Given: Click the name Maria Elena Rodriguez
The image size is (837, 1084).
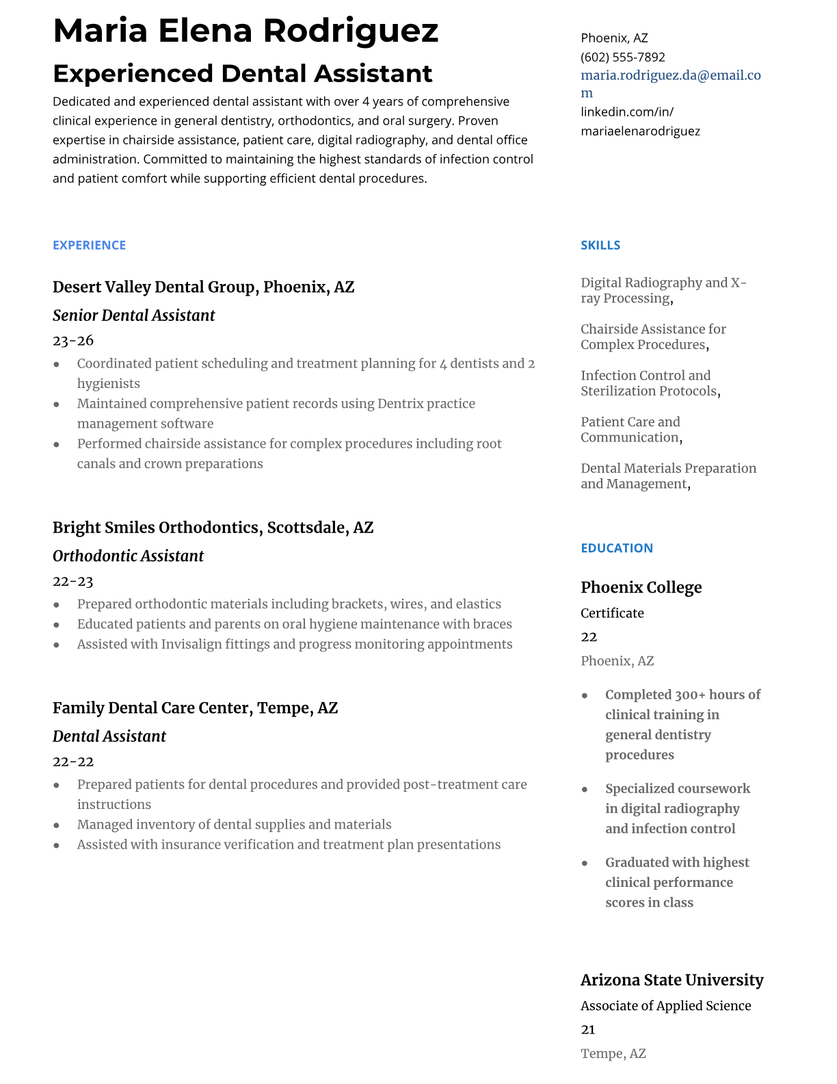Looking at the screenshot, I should click(245, 31).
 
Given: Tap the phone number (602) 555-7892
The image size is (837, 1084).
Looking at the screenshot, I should click(622, 57).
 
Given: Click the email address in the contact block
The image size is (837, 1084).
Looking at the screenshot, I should click(670, 76).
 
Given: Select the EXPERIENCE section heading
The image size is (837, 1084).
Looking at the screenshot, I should click(89, 245).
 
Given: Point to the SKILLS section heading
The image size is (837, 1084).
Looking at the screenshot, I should click(600, 245).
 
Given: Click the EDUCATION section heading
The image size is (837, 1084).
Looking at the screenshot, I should click(616, 548).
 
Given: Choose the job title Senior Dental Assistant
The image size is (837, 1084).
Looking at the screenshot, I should click(133, 315).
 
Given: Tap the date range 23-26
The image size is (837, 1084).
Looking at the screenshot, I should click(73, 340).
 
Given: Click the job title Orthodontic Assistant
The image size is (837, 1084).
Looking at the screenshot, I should click(128, 556).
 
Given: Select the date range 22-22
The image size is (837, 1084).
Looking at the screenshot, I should click(73, 762).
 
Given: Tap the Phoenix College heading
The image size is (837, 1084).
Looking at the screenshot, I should click(641, 587).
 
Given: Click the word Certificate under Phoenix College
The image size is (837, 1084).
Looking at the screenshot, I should click(612, 613).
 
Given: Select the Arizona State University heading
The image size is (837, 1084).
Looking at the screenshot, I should click(672, 980).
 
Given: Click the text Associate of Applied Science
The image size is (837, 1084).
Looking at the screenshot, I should click(665, 1006).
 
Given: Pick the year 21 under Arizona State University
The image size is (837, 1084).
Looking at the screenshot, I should click(588, 1030).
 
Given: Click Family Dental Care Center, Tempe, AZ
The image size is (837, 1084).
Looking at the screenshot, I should click(195, 708).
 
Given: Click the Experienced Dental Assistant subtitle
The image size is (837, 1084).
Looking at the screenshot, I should click(242, 73).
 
